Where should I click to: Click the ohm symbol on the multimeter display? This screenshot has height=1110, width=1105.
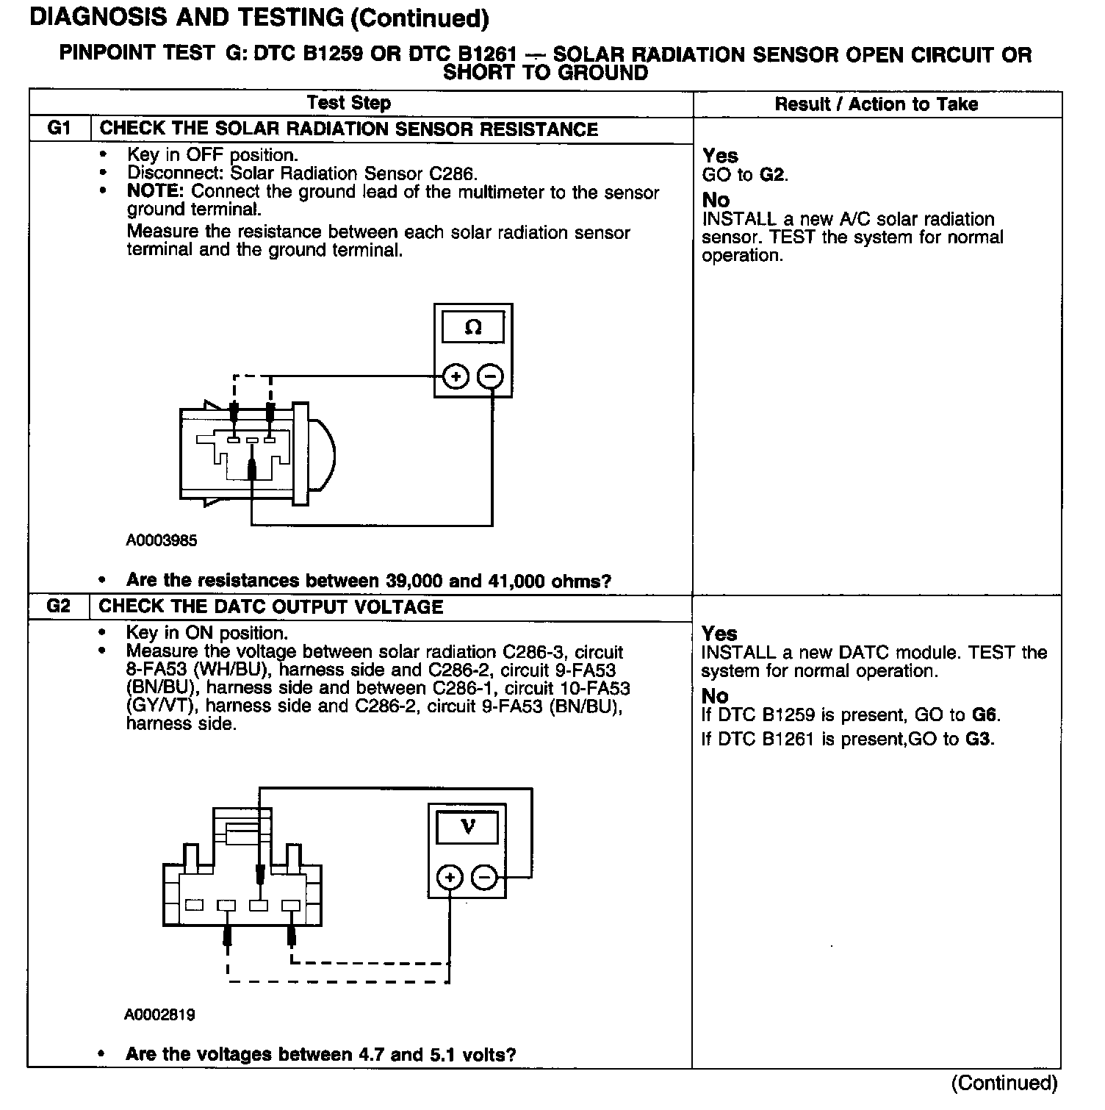tap(473, 327)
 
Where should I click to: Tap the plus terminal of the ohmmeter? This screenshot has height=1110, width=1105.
tap(456, 377)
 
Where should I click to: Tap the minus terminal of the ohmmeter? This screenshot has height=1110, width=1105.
tap(491, 377)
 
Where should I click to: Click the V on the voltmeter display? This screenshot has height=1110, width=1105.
tap(467, 827)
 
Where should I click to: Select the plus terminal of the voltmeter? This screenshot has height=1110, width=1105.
tap(450, 877)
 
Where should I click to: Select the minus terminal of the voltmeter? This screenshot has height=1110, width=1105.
tap(483, 877)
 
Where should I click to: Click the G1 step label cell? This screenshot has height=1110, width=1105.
tap(59, 129)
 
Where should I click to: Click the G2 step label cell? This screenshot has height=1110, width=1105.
tap(58, 606)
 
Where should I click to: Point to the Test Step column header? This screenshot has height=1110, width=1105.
tap(349, 103)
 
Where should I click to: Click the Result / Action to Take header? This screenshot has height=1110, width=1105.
tap(876, 104)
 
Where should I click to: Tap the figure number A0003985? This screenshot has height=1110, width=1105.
tap(162, 541)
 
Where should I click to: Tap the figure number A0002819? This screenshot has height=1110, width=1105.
tap(159, 1015)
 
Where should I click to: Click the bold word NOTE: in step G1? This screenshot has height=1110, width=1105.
tap(157, 192)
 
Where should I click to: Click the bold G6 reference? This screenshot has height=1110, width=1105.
tap(985, 715)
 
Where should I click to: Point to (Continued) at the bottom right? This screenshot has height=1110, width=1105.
tap(1004, 1083)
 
